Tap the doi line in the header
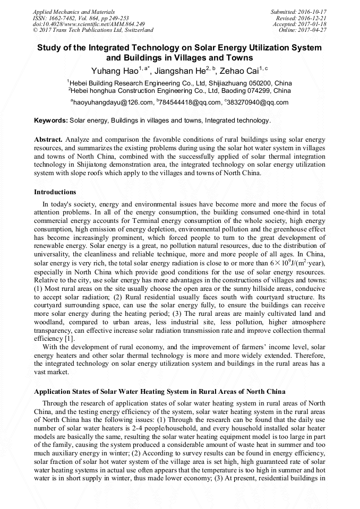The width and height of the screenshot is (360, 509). tap(89, 24)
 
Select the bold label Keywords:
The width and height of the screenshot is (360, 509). tap(51, 120)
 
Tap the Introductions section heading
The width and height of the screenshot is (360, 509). tap(55, 192)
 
